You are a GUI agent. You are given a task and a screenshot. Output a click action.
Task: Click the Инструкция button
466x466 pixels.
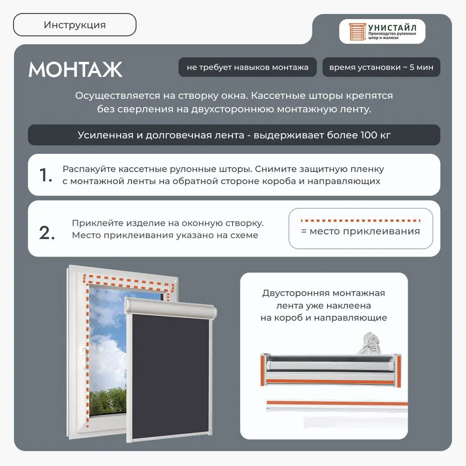[75, 25]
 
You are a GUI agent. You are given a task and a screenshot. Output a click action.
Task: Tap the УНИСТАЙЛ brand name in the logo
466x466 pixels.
[392, 27]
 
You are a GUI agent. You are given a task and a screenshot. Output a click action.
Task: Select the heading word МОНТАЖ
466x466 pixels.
[75, 69]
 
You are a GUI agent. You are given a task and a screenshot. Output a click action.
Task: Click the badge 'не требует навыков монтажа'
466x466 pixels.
[247, 67]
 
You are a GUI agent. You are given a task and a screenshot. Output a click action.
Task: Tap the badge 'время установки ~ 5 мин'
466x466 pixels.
[381, 67]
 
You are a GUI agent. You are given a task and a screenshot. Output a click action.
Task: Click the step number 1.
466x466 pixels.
[46, 175]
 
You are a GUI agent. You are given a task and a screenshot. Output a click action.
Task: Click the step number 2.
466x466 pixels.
[47, 233]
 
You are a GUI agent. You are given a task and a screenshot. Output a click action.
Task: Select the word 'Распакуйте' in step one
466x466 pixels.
[89, 169]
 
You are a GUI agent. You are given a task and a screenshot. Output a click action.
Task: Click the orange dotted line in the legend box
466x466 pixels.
[361, 220]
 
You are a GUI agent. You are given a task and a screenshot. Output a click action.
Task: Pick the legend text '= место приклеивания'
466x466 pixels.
[361, 231]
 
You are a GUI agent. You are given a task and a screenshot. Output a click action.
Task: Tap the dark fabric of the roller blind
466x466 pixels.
[170, 376]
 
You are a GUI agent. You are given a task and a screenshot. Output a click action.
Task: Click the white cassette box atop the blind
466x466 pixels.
[171, 308]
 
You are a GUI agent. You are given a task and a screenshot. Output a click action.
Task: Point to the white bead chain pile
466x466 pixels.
[370, 344]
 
